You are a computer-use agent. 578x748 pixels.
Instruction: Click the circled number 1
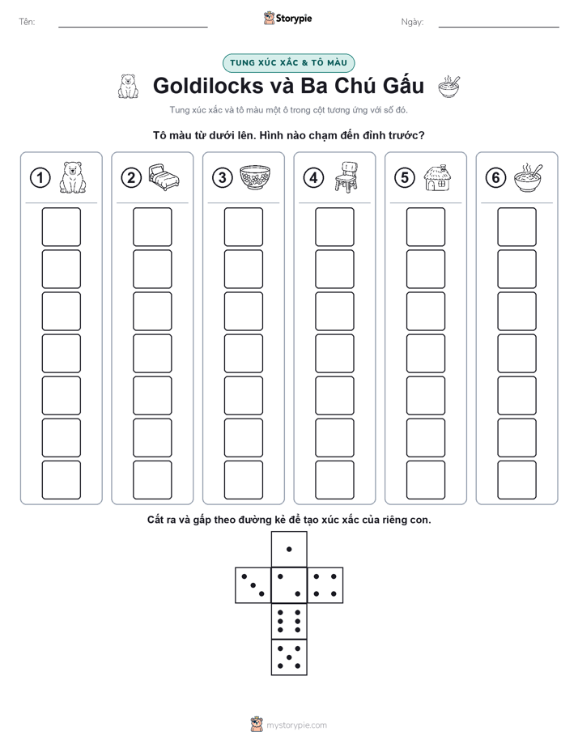coord(40,178)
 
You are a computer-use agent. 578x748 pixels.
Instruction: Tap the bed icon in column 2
coord(164,177)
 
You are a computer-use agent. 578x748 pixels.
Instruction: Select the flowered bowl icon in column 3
coord(255,177)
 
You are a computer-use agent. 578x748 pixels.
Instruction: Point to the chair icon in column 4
coord(346,177)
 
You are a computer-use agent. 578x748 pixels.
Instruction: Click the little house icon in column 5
coord(438,177)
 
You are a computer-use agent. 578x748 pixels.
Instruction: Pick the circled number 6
coord(496,178)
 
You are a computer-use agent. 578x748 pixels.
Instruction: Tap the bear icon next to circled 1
coord(73,177)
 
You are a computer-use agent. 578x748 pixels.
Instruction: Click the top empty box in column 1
coord(61,227)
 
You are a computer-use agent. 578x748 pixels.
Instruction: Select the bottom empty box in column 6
coord(517,480)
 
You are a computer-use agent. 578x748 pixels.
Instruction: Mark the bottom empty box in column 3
coord(244,480)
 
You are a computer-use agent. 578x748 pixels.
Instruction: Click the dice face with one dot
coord(289,550)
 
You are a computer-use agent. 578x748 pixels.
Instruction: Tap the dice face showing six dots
coord(289,621)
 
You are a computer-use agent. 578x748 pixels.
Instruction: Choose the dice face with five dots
coord(289,657)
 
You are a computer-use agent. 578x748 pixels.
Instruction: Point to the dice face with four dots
coord(325,585)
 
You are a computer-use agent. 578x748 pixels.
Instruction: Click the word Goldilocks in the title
coord(208,86)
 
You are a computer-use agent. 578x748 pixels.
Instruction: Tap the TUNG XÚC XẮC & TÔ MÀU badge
coord(288,63)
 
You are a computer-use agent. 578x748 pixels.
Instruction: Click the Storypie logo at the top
coord(288,18)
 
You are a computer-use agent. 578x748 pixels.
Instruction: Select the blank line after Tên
coord(133,27)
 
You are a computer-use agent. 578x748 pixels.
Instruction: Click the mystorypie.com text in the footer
coord(296,725)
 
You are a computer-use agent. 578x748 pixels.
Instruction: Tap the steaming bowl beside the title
coord(449,87)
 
